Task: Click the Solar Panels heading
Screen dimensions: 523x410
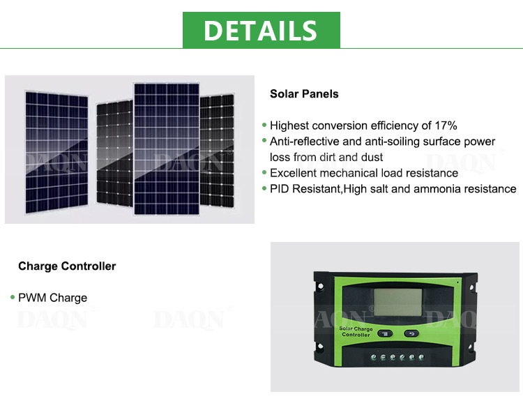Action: [x=304, y=93]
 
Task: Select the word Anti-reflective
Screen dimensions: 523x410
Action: [x=305, y=142]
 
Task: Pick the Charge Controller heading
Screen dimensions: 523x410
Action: [x=67, y=266]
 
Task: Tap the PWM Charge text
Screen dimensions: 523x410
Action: [x=53, y=298]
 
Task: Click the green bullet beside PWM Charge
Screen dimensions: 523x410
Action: [x=13, y=297]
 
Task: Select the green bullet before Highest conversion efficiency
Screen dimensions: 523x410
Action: [x=264, y=125]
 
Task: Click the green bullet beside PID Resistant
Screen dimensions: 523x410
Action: [x=264, y=188]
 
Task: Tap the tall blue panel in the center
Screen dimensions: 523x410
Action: [x=167, y=149]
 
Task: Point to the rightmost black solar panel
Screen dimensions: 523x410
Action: [x=217, y=151]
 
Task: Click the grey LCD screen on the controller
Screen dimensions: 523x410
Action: [x=398, y=303]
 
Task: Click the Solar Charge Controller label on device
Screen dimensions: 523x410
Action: [x=356, y=332]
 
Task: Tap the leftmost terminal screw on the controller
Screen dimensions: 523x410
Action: [x=374, y=357]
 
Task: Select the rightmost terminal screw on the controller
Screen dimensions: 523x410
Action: [x=421, y=357]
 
